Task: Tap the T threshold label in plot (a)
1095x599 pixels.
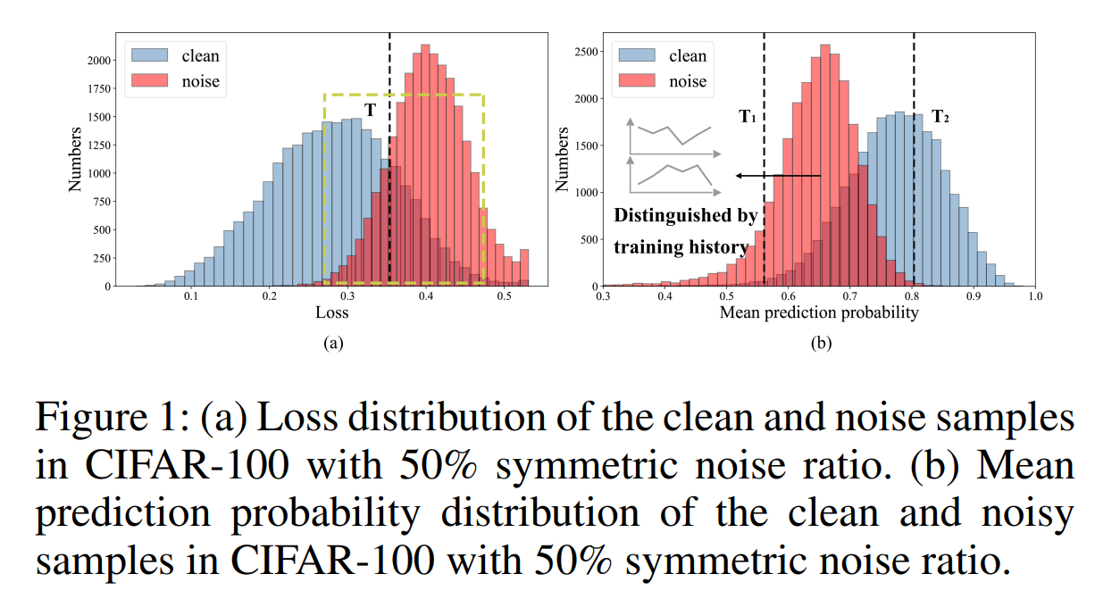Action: pyautogui.click(x=370, y=111)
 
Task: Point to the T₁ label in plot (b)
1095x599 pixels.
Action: pyautogui.click(x=748, y=116)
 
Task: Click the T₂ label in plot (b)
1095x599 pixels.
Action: pyautogui.click(x=940, y=116)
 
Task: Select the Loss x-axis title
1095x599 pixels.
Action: pyautogui.click(x=331, y=313)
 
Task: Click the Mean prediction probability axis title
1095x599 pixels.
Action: pyautogui.click(x=818, y=313)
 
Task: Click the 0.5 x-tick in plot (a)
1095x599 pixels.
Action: pyautogui.click(x=505, y=295)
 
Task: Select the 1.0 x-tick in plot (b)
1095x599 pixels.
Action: pyautogui.click(x=1034, y=295)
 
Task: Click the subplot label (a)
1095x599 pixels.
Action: pyautogui.click(x=331, y=343)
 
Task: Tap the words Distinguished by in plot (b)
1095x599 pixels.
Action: pyautogui.click(x=685, y=215)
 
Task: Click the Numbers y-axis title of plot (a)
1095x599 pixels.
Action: pyautogui.click(x=76, y=161)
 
